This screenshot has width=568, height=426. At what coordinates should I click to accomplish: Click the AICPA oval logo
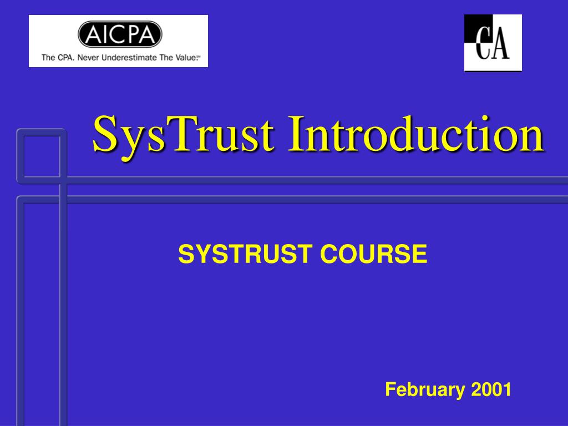120,34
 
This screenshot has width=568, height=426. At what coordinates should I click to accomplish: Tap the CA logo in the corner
493,43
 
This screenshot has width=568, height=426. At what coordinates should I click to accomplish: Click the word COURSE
374,253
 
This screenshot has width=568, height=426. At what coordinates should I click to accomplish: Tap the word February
425,390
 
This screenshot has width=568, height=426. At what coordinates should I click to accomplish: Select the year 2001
491,389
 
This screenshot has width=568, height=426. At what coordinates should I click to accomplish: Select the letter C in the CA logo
483,43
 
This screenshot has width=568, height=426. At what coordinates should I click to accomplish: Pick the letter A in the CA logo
500,43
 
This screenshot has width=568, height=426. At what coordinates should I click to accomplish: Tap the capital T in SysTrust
182,134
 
